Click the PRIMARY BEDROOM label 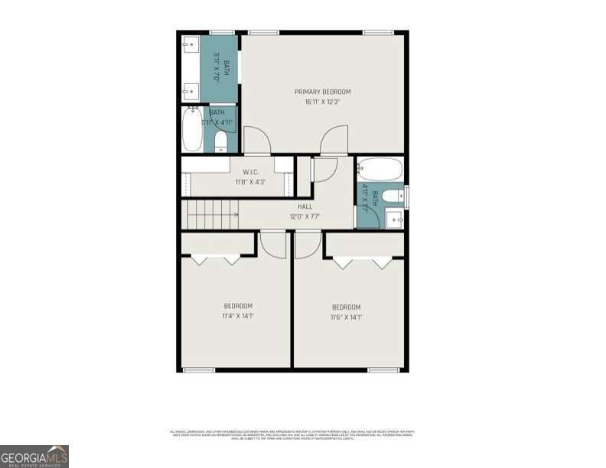pyautogui.click(x=322, y=92)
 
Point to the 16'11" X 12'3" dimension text pyautogui.click(x=322, y=101)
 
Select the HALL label pyautogui.click(x=305, y=206)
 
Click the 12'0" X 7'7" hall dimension pyautogui.click(x=305, y=216)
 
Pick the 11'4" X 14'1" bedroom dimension pyautogui.click(x=238, y=315)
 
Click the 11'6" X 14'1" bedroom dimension pyautogui.click(x=346, y=317)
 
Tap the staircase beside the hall pyautogui.click(x=210, y=214)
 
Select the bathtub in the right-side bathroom pyautogui.click(x=380, y=168)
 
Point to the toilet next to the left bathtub pyautogui.click(x=221, y=141)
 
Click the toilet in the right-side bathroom pyautogui.click(x=391, y=197)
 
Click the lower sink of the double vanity pyautogui.click(x=190, y=92)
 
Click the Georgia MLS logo pyautogui.click(x=34, y=456)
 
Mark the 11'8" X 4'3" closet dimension pyautogui.click(x=250, y=182)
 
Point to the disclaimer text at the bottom pyautogui.click(x=291, y=434)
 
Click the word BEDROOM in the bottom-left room pyautogui.click(x=238, y=306)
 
